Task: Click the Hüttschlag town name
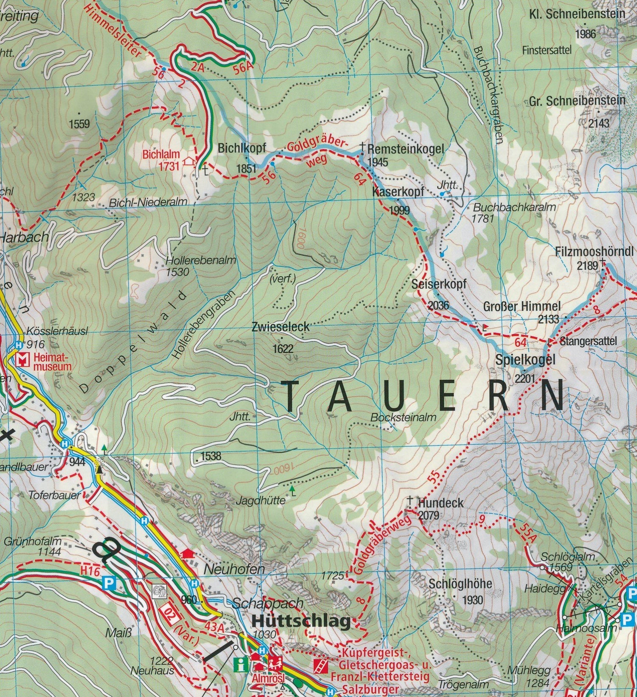pos(302,621)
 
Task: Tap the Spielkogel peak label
pos(525,360)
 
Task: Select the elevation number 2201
pos(524,378)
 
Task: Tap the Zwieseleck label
pos(280,327)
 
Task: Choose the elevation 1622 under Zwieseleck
pos(283,349)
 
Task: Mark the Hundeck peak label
pos(441,503)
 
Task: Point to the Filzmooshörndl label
pos(594,251)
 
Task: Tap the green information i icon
pos(241,664)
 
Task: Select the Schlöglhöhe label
pos(460,583)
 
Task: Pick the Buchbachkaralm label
pos(514,208)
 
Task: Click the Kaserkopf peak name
pos(398,192)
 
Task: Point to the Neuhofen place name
pos(234,569)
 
